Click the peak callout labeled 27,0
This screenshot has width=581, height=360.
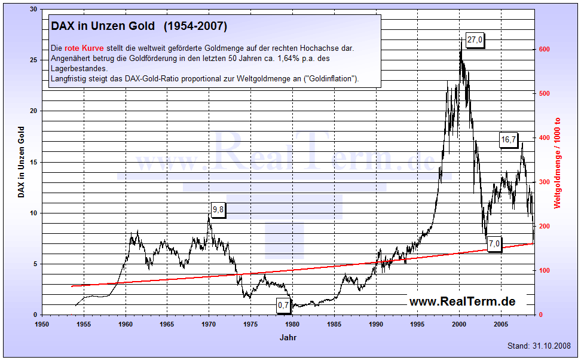(475, 40)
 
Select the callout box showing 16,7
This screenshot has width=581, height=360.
(508, 140)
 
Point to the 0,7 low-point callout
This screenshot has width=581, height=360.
(283, 305)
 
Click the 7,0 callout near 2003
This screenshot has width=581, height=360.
(494, 243)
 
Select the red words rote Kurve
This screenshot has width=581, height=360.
(84, 48)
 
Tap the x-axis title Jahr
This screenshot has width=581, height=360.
(288, 337)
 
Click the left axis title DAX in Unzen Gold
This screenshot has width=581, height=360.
(21, 162)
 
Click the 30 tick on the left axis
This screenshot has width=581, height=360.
(32, 10)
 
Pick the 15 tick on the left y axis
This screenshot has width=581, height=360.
(32, 162)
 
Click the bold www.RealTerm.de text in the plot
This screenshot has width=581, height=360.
(462, 302)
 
